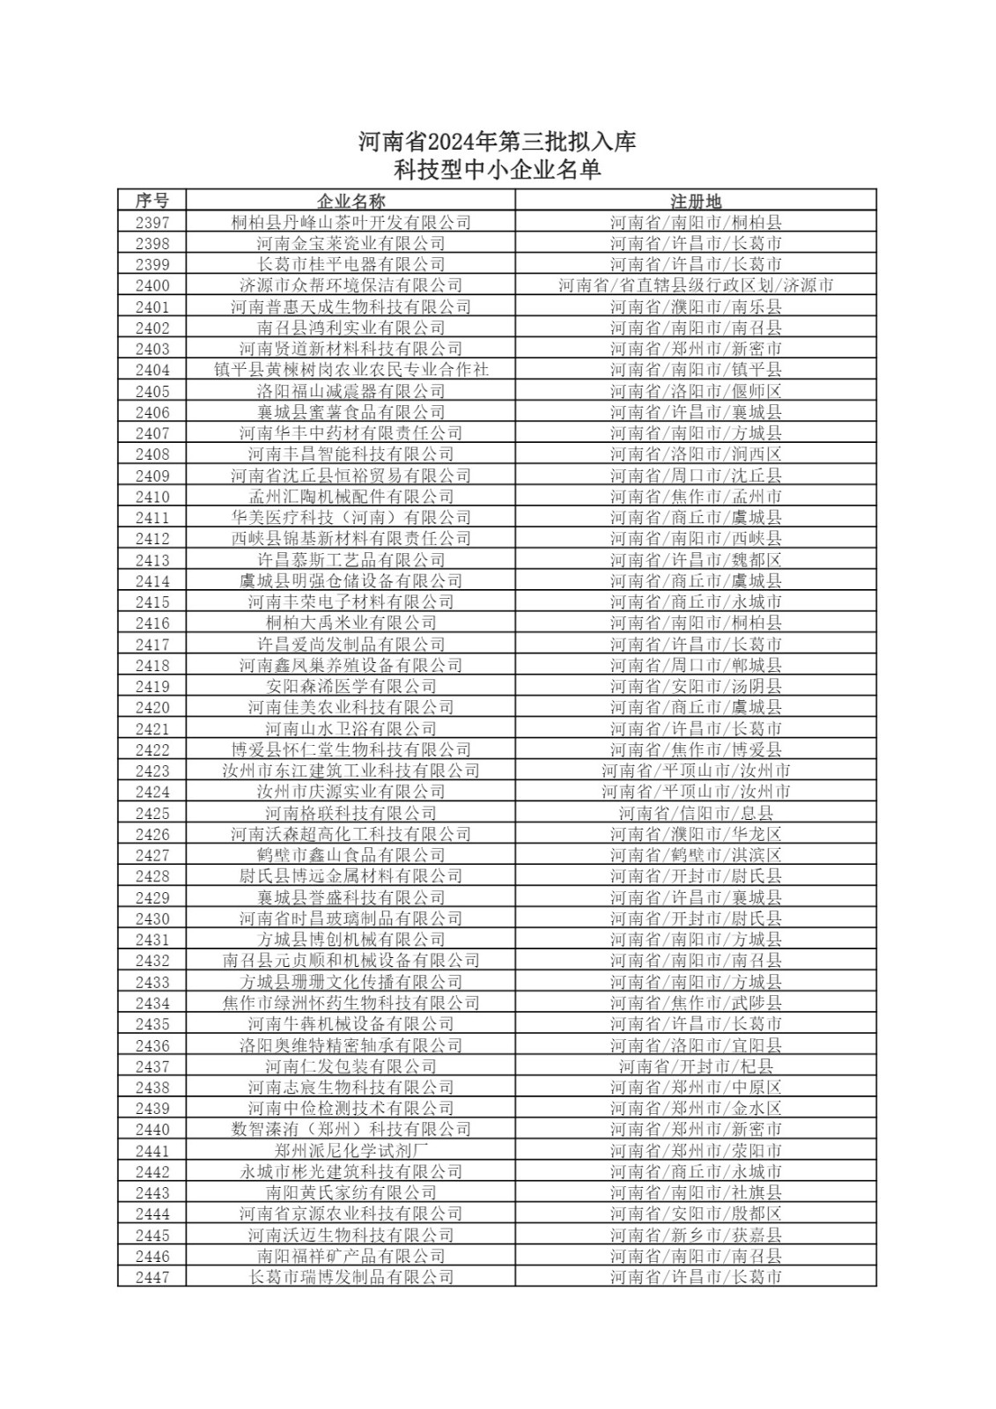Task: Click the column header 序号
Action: (152, 201)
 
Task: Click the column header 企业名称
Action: (350, 201)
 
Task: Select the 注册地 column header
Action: (696, 201)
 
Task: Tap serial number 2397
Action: (152, 223)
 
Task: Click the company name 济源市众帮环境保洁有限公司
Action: (350, 285)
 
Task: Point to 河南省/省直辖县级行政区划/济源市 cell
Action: (696, 285)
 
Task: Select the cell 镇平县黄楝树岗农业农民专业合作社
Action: (350, 370)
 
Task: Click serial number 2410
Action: (152, 497)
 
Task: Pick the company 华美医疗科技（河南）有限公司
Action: (350, 518)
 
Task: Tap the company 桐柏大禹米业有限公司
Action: (350, 623)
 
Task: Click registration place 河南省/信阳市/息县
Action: (696, 813)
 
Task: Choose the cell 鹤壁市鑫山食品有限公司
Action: (350, 855)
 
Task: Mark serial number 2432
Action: (152, 961)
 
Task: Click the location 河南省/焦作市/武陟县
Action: (696, 1003)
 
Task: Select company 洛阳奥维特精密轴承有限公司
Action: (350, 1045)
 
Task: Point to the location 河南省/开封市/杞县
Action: (696, 1066)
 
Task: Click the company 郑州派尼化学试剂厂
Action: (350, 1150)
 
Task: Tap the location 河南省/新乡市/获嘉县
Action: (696, 1235)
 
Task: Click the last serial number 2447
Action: (152, 1277)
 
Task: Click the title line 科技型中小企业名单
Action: (498, 170)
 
